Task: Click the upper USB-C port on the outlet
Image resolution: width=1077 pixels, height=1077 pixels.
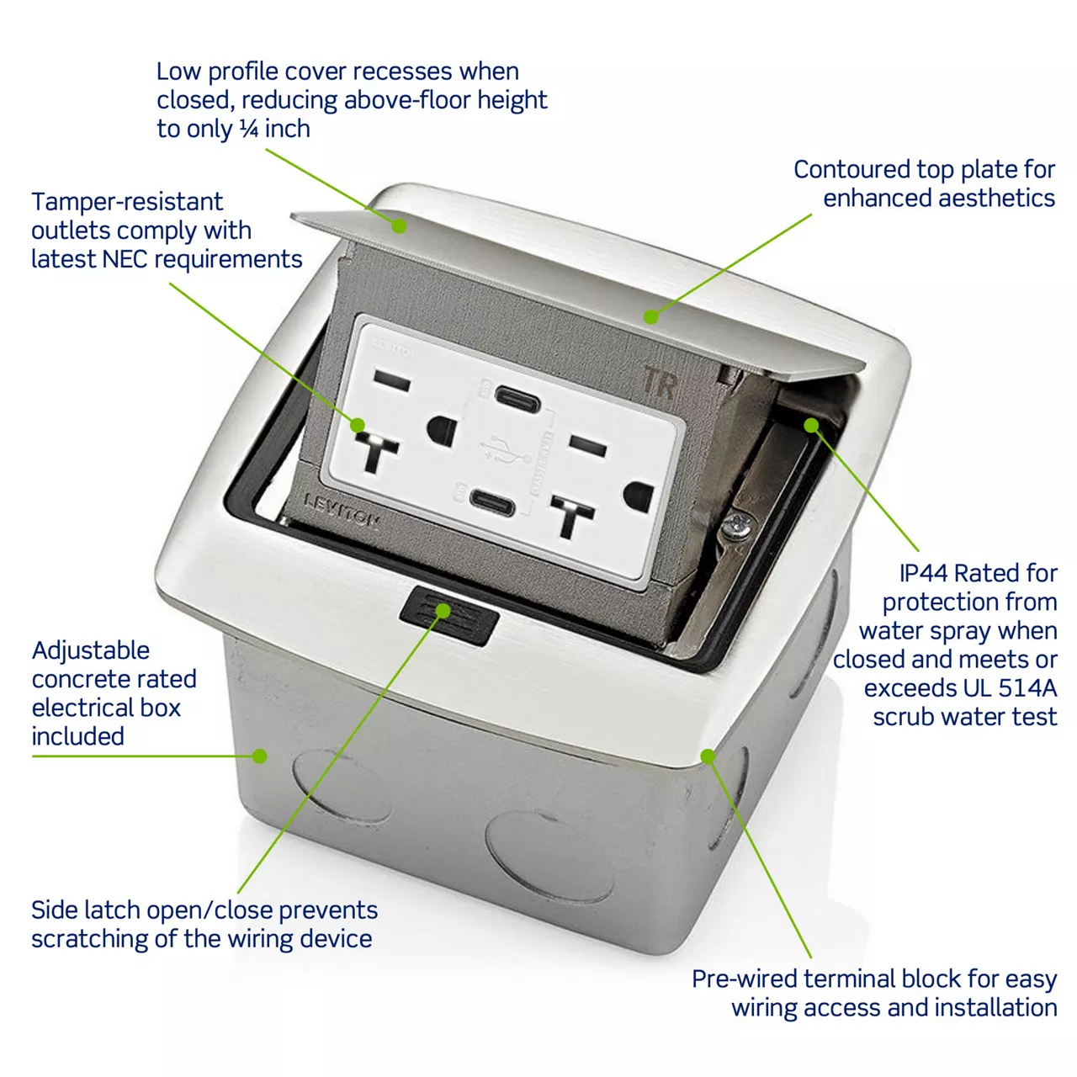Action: coord(517,399)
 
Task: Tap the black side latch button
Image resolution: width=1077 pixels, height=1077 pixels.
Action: coord(449,615)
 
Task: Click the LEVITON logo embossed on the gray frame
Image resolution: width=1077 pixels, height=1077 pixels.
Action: coord(341,509)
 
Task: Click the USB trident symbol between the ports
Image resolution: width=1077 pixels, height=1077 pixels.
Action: coord(505,450)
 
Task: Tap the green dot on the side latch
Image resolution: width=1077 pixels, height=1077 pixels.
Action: coord(443,611)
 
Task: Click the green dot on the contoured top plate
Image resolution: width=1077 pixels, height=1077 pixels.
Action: coord(650,316)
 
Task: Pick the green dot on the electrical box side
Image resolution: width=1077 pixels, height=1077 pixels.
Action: coord(259,756)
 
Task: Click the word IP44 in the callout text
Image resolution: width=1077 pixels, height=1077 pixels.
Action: coord(924,573)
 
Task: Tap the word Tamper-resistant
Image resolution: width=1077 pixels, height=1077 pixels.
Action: coord(127,202)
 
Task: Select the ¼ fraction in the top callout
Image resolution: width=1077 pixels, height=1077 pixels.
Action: coord(249,129)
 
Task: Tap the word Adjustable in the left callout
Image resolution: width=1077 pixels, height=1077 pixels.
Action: coord(91,650)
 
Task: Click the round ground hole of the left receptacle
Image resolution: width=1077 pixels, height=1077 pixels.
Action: coord(442,430)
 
